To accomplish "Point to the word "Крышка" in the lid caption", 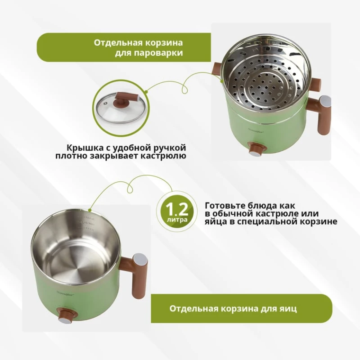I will [85, 148].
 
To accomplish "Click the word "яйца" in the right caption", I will [215, 221].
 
